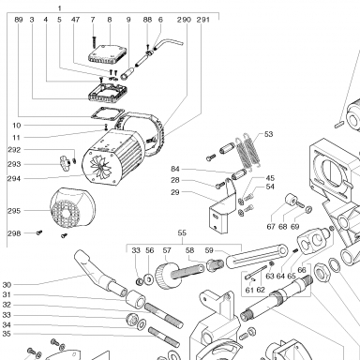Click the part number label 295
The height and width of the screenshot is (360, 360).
click(14, 211)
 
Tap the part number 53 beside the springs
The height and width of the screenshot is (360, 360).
click(268, 134)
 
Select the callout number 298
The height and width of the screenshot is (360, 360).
click(14, 233)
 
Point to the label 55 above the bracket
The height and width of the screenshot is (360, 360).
click(182, 232)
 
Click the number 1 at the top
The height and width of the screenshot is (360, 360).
click(59, 8)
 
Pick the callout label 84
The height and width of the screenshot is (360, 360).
click(175, 169)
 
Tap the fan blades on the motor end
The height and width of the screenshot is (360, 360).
click(101, 166)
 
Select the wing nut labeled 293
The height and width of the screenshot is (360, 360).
click(66, 161)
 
